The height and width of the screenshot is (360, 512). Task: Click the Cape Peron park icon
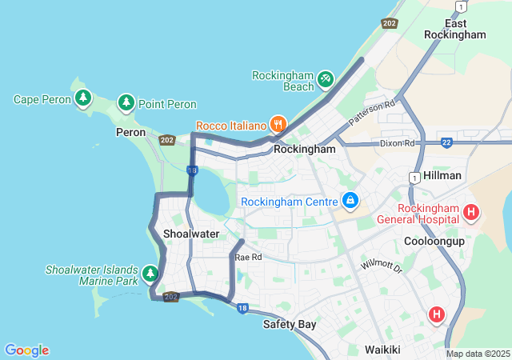pyautogui.click(x=82, y=98)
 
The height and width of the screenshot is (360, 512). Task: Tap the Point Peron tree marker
pyautogui.click(x=126, y=103)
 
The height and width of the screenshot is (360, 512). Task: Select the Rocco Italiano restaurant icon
pyautogui.click(x=278, y=124)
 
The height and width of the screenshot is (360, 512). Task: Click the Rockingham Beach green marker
pyautogui.click(x=325, y=78)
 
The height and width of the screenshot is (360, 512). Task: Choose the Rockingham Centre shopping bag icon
pyautogui.click(x=350, y=199)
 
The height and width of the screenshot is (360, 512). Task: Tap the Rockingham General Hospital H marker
pyautogui.click(x=471, y=213)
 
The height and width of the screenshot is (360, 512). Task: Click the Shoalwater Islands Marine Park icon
pyautogui.click(x=150, y=274)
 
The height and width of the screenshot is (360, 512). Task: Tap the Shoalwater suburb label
pyautogui.click(x=191, y=234)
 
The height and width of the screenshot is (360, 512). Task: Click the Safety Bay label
pyautogui.click(x=290, y=324)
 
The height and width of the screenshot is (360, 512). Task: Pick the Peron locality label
pyautogui.click(x=130, y=132)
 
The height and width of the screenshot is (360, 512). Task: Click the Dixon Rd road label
pyautogui.click(x=398, y=143)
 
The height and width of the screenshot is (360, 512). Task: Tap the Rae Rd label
pyautogui.click(x=248, y=257)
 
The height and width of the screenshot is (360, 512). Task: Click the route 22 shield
pyautogui.click(x=446, y=142)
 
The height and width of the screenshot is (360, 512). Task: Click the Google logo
pyautogui.click(x=27, y=350)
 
